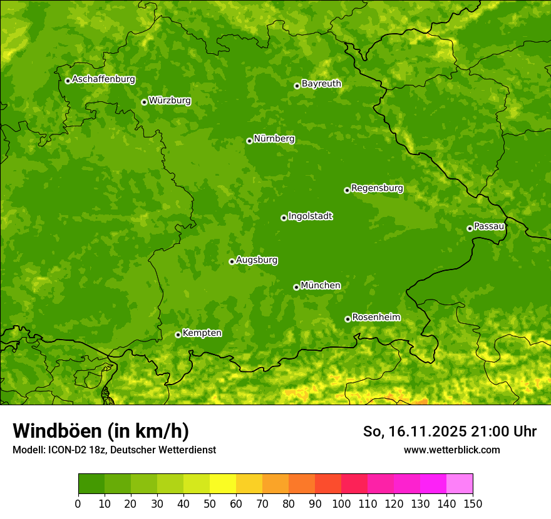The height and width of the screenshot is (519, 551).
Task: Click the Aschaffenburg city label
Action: point(103,79)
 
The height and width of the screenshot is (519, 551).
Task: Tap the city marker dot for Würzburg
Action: point(144,102)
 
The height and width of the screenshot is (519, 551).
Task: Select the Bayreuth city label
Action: point(321,83)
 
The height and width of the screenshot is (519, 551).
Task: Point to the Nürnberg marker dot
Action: point(249,141)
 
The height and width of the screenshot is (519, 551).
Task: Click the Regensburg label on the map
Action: point(377,188)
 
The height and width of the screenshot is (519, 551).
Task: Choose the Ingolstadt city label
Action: point(310,216)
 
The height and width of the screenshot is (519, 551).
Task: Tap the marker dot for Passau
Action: point(470,228)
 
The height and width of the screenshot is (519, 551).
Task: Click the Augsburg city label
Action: point(257,259)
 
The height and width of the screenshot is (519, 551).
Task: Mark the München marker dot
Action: point(296,287)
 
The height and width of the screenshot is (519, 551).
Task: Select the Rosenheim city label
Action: point(376,317)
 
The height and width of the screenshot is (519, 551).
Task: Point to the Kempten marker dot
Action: point(178,335)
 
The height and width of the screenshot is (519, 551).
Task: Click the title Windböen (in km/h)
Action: point(101,431)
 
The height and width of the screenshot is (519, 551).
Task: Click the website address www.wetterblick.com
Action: point(451,450)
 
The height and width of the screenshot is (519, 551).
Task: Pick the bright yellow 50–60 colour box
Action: point(223,484)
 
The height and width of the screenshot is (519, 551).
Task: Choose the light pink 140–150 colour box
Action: point(460,484)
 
